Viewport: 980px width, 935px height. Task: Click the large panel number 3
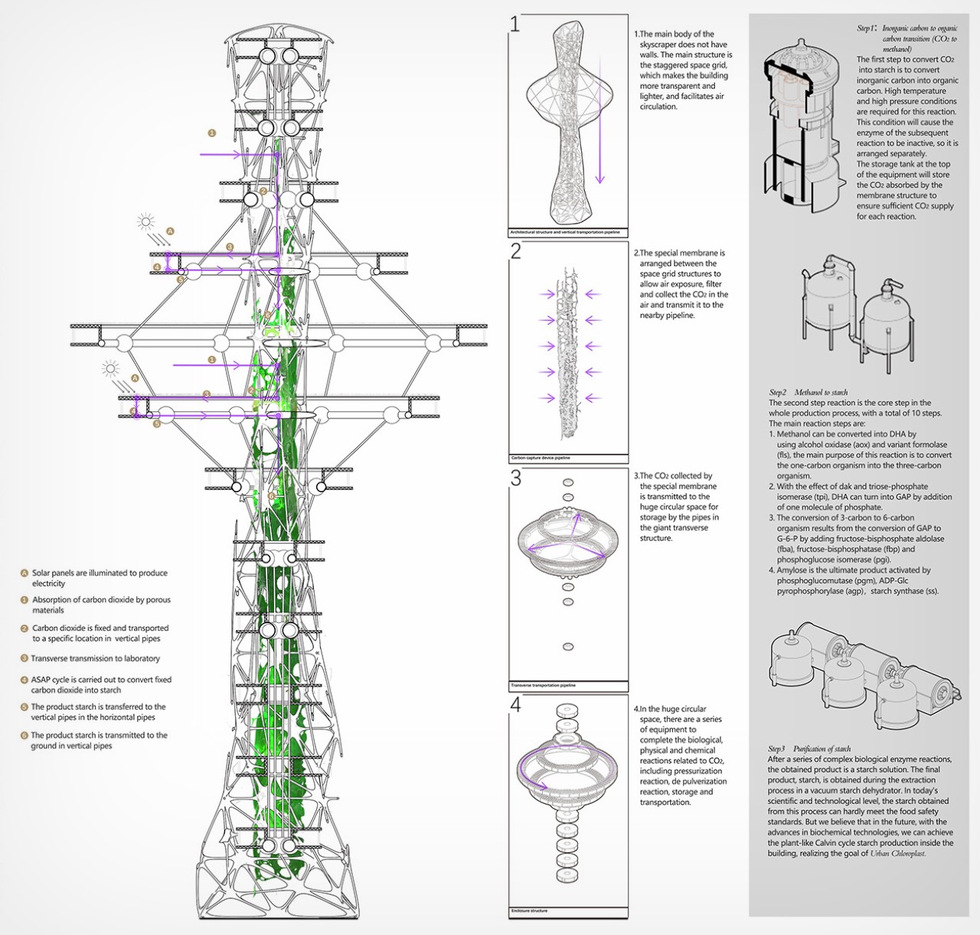[516, 478]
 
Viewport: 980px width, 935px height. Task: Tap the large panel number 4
[516, 705]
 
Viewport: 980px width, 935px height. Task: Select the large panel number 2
[516, 251]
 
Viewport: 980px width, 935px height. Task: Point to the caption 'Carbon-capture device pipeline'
[541, 458]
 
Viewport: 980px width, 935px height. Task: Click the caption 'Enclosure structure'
[528, 911]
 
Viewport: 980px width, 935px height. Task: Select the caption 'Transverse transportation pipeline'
[543, 685]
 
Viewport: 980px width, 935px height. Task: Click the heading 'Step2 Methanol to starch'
[808, 392]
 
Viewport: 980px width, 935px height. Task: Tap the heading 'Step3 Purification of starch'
[809, 748]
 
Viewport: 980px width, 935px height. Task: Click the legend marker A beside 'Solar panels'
[24, 573]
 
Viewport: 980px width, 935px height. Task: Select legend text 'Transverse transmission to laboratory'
[96, 659]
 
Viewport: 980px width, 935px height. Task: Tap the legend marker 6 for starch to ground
[24, 735]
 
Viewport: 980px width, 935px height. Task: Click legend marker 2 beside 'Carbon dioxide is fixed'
[24, 628]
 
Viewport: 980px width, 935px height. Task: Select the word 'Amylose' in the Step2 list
[793, 570]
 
